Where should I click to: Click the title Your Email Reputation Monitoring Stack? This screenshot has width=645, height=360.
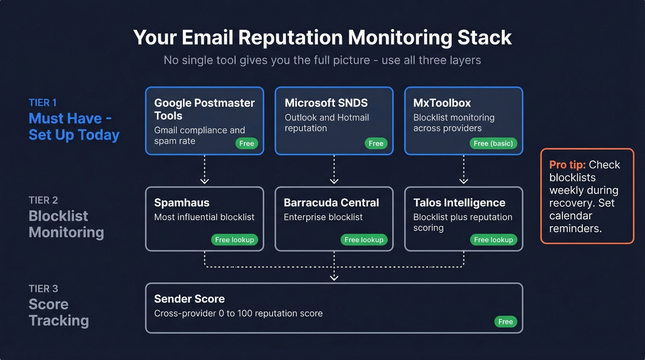pyautogui.click(x=322, y=37)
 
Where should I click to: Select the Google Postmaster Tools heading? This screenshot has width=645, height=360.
pyautogui.click(x=204, y=109)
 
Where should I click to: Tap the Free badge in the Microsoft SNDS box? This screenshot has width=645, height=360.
pyautogui.click(x=376, y=143)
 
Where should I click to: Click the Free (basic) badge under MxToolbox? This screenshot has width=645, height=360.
pyautogui.click(x=493, y=143)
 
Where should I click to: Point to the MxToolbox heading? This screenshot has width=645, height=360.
pyautogui.click(x=442, y=103)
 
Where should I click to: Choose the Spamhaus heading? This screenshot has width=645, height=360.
pyautogui.click(x=182, y=203)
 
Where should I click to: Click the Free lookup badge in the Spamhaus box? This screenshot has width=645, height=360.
pyautogui.click(x=235, y=240)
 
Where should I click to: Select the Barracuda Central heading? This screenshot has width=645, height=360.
pyautogui.click(x=331, y=203)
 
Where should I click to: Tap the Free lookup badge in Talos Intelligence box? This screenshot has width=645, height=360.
pyautogui.click(x=493, y=240)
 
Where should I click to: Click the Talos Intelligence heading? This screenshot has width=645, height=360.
pyautogui.click(x=459, y=203)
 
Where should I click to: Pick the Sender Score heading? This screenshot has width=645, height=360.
pyautogui.click(x=189, y=299)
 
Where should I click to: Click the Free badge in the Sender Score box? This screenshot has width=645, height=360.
pyautogui.click(x=505, y=322)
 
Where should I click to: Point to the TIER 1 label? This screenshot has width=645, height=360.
pyautogui.click(x=42, y=103)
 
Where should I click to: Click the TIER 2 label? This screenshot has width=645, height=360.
pyautogui.click(x=43, y=200)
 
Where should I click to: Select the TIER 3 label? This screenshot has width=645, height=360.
pyautogui.click(x=43, y=289)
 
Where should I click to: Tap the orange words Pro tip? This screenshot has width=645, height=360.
pyautogui.click(x=567, y=165)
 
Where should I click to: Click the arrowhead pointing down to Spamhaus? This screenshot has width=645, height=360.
pyautogui.click(x=205, y=181)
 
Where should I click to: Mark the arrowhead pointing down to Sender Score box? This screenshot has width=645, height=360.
pyautogui.click(x=334, y=277)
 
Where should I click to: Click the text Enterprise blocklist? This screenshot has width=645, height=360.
pyautogui.click(x=323, y=217)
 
